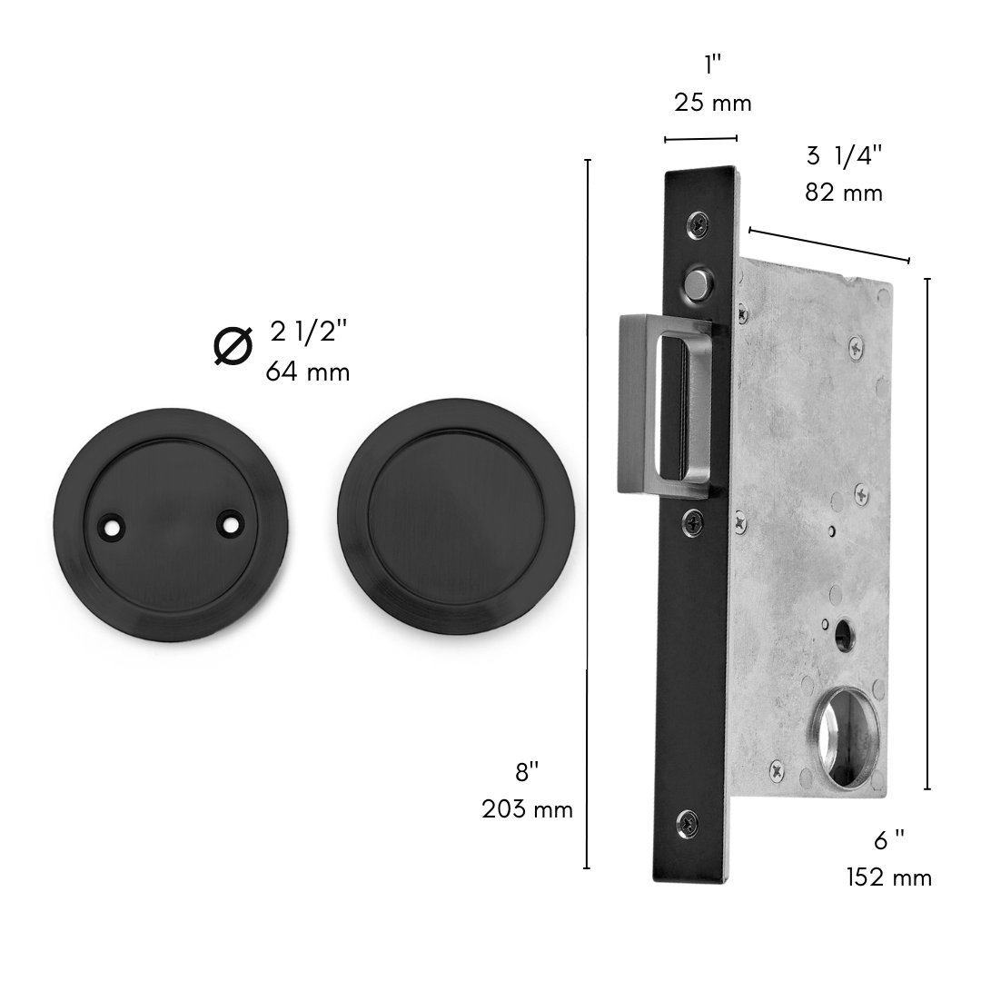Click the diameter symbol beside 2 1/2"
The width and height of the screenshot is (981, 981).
tap(233, 345)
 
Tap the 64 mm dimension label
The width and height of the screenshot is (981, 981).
tap(307, 372)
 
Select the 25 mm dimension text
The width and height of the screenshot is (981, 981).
tap(713, 103)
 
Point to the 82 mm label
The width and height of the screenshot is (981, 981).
tap(843, 193)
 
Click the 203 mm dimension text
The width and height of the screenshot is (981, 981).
tap(527, 809)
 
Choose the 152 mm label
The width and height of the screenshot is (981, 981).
tap(889, 877)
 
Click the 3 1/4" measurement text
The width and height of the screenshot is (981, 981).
tap(844, 156)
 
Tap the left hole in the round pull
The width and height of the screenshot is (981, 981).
tap(113, 527)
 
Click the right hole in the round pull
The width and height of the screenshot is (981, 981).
tap(230, 523)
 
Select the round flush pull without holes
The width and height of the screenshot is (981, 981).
tap(455, 516)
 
